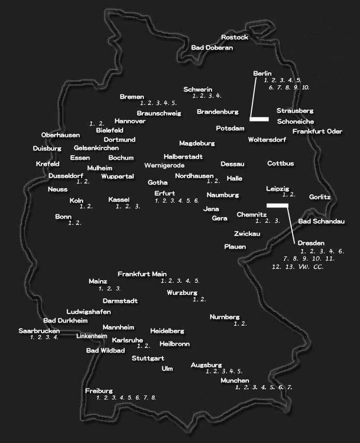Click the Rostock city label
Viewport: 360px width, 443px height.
(235, 37)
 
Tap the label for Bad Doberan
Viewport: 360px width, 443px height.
(212, 48)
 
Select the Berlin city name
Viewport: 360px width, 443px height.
(262, 74)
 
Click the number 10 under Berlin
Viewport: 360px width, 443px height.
(305, 88)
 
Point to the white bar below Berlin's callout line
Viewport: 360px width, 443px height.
(259, 119)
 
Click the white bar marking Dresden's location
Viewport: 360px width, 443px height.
(277, 205)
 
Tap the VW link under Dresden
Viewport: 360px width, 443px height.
(303, 267)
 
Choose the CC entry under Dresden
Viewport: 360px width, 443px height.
(318, 267)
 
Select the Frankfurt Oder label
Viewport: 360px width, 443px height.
(317, 131)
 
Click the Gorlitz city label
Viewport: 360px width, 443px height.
(320, 197)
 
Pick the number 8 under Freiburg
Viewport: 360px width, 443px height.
(153, 398)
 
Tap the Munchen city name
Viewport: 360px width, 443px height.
(235, 380)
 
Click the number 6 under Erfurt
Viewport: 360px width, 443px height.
(197, 201)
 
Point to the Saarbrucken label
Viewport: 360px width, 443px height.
(39, 330)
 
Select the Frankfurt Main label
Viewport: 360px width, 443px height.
(142, 274)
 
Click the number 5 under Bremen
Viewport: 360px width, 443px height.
(174, 103)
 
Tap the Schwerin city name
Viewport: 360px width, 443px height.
(198, 89)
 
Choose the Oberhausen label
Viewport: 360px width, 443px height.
(61, 135)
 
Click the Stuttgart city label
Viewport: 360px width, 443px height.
(148, 358)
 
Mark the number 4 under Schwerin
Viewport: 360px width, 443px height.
(219, 96)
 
